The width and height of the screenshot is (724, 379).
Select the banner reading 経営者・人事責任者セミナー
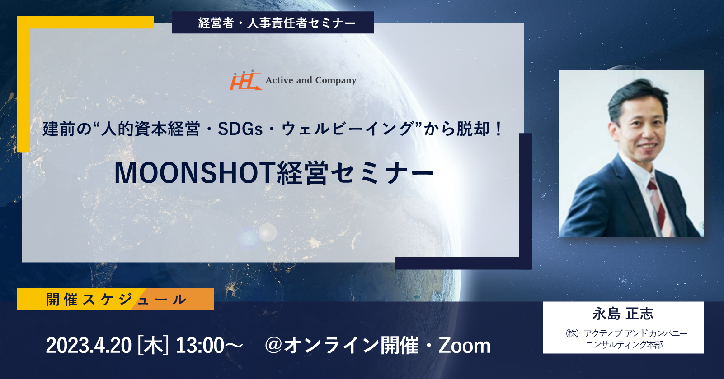tap(273, 23)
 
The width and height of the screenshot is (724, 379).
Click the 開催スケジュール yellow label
tap(115, 299)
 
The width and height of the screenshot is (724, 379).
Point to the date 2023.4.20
tap(89, 346)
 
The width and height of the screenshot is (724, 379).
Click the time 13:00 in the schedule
tap(200, 346)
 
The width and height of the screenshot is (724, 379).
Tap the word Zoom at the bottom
tap(464, 346)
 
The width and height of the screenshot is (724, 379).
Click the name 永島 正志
tap(622, 314)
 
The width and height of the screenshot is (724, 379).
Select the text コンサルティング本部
tap(624, 345)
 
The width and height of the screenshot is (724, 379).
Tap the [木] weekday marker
tap(153, 346)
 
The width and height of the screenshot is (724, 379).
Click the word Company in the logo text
tap(335, 80)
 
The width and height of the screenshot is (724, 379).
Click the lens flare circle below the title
tap(267, 232)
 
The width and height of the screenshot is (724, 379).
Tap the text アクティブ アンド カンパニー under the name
tap(635, 333)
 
